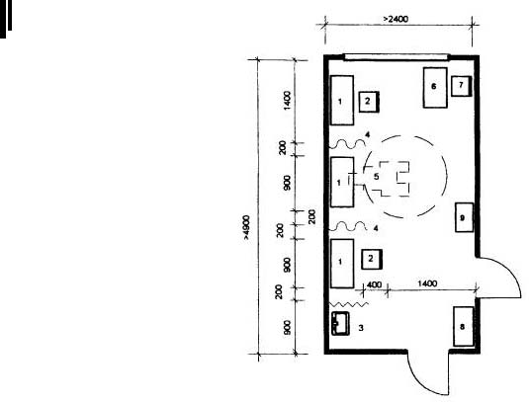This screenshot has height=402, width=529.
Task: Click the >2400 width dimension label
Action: pyautogui.click(x=396, y=19)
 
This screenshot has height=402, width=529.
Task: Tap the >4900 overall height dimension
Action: pyautogui.click(x=246, y=227)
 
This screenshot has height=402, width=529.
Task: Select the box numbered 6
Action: pyautogui.click(x=435, y=88)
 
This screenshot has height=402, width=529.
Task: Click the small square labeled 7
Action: pyautogui.click(x=461, y=86)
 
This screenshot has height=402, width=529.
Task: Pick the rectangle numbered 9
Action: pyautogui.click(x=464, y=217)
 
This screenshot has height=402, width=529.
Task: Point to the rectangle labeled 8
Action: pyautogui.click(x=463, y=326)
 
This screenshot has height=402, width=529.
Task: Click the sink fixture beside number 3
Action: pyautogui.click(x=340, y=324)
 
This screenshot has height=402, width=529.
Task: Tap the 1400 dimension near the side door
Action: pyautogui.click(x=427, y=283)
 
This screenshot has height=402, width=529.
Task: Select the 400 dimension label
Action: pyautogui.click(x=374, y=284)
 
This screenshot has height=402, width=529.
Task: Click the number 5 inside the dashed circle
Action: pyautogui.click(x=376, y=176)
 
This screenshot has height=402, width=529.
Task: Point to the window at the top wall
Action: pyautogui.click(x=397, y=57)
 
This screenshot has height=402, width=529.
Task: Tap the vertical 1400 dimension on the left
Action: pyautogui.click(x=287, y=100)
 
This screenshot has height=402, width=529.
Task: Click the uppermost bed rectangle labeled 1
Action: pyautogui.click(x=342, y=100)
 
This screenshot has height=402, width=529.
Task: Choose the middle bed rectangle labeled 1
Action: pyautogui.click(x=342, y=182)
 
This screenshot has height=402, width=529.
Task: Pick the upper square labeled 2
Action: pyautogui.click(x=369, y=102)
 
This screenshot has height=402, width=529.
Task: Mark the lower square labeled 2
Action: pyautogui.click(x=372, y=259)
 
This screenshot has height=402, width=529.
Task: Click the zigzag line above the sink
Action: pyautogui.click(x=349, y=304)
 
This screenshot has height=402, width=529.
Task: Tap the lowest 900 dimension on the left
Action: pyautogui.click(x=287, y=328)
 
